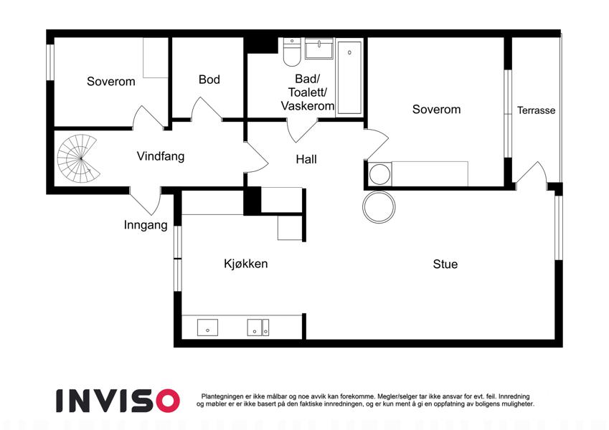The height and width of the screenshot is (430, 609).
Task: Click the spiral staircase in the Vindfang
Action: point(79,158)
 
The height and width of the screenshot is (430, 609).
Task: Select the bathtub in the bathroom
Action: point(349,77)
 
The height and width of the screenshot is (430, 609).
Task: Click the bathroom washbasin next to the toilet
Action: point(319,49)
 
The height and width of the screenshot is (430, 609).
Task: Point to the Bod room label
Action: point(209,80)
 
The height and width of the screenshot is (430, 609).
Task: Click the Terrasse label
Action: point(536,110)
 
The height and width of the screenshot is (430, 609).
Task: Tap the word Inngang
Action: point(146,225)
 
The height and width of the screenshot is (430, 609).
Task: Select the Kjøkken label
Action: point(246,264)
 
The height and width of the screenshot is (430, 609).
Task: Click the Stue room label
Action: point(445,264)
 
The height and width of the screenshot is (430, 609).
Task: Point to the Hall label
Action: point(306,159)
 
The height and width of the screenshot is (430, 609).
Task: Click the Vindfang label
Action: point(161,156)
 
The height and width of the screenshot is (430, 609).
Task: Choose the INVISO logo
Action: point(118,401)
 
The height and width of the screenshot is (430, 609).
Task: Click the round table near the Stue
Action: point(379,207)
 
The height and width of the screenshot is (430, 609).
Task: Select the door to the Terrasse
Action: point(531,173)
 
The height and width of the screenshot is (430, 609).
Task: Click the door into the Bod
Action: point(206,109)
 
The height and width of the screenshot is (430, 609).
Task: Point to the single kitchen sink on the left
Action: point(207,328)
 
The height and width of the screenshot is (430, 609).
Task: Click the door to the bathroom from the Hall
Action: point(301,130)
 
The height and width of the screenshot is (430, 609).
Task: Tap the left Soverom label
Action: point(111,82)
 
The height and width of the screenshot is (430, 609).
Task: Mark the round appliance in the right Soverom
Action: point(380,174)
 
